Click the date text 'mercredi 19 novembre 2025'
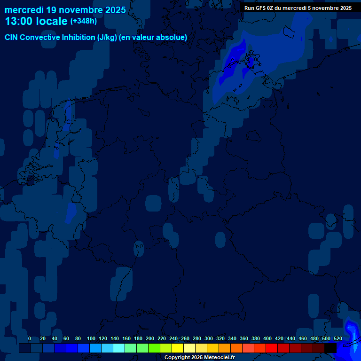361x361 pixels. [x=65, y=10]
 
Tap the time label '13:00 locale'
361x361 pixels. [x=36, y=22]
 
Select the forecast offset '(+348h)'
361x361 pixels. [x=83, y=21]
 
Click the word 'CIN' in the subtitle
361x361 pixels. [x=12, y=38]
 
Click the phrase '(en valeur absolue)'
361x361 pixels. [x=153, y=38]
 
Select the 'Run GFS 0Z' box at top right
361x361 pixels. [x=298, y=8]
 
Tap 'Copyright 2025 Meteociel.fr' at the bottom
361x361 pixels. [x=200, y=358]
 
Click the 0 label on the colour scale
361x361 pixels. [x=30, y=339]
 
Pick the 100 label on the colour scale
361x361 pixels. [x=91, y=339]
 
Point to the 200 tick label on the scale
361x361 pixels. [x=150, y=339]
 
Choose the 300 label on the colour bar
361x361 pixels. [x=209, y=339]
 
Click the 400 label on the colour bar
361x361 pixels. [x=267, y=339]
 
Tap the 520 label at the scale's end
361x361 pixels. [x=338, y=339]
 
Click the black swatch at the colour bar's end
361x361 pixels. [x=330, y=348]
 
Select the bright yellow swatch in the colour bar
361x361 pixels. [x=178, y=348]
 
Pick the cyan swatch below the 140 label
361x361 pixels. [x=119, y=348]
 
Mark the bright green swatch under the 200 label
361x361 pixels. [x=154, y=348]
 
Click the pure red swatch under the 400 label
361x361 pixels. [x=272, y=348]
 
